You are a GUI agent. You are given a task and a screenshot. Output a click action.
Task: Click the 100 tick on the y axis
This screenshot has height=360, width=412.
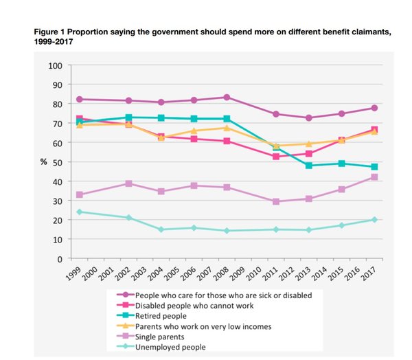point(55,66)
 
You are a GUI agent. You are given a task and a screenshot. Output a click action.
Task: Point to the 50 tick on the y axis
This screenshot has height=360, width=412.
point(57,163)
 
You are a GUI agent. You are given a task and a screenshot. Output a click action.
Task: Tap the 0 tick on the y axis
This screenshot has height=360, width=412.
point(60,259)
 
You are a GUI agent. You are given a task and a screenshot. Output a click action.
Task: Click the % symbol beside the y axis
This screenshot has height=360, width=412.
point(43,162)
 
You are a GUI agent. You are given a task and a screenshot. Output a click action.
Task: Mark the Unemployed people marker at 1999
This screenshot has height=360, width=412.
point(80,212)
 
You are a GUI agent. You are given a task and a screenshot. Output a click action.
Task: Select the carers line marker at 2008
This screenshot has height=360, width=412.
point(226,98)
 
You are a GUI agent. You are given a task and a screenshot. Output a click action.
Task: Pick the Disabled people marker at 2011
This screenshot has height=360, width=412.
point(275,157)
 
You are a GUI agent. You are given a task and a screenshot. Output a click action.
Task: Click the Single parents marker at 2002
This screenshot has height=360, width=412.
point(128,183)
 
